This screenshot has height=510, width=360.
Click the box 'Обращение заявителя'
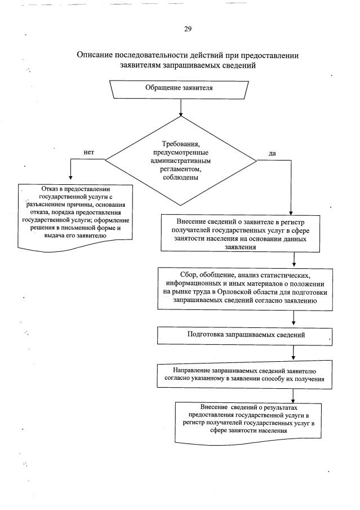179,88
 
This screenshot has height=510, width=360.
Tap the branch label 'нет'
88,152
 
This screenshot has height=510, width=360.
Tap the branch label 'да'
272,152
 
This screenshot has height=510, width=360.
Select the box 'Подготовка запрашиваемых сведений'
246,335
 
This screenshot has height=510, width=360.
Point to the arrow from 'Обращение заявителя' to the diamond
180,106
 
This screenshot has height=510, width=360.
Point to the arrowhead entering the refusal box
70,179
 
